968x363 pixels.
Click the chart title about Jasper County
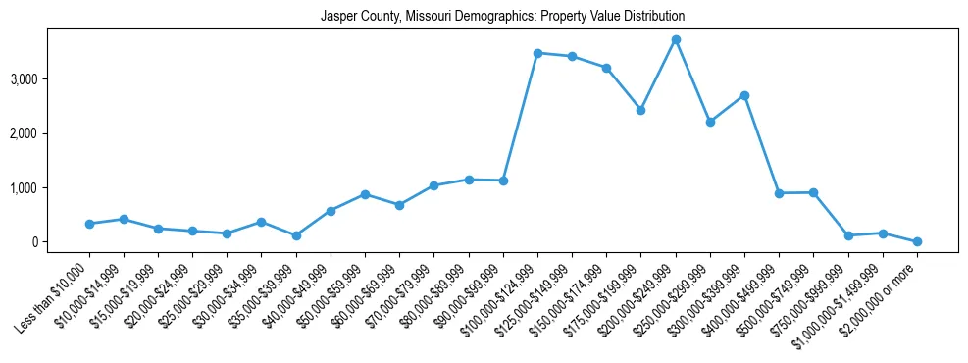tap(502, 17)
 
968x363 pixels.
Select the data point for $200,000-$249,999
tap(676, 39)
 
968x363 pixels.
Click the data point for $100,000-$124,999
tap(537, 53)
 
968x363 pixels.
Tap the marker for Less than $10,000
tap(89, 224)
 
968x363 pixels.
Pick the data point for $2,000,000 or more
tap(917, 241)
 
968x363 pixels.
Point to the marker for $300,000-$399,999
tap(744, 95)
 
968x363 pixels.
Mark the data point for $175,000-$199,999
tap(640, 110)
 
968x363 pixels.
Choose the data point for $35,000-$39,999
tap(296, 235)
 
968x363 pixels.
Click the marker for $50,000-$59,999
tap(365, 194)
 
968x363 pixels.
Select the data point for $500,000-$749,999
tap(813, 192)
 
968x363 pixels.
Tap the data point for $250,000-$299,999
tap(710, 122)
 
